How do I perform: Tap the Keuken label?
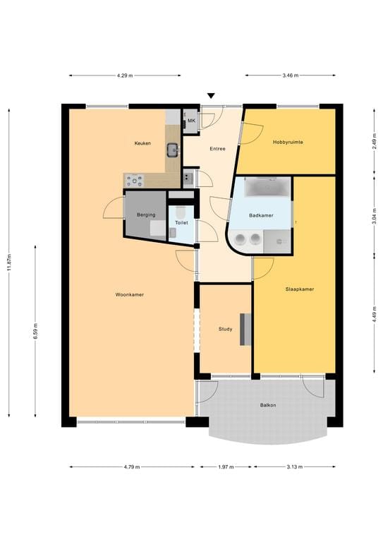click(x=143, y=143)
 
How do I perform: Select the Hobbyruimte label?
click(x=288, y=142)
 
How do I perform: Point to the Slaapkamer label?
click(x=299, y=289)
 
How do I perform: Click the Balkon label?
click(x=267, y=405)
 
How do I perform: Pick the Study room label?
click(x=225, y=329)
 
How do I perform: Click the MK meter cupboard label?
click(x=190, y=121)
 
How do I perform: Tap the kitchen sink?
click(x=172, y=150)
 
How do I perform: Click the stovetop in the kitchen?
click(x=134, y=181)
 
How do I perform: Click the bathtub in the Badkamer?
click(x=267, y=188)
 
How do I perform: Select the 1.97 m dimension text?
click(x=224, y=466)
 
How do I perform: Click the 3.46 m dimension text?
click(x=290, y=75)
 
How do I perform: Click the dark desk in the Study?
click(x=245, y=330)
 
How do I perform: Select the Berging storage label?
click(x=146, y=215)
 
